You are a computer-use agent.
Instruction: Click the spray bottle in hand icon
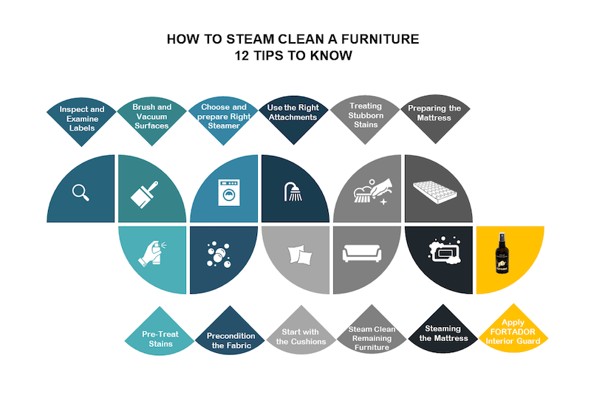(154, 254)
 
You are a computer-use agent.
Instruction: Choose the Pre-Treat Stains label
(157, 338)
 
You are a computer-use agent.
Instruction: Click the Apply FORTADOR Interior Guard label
(513, 331)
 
